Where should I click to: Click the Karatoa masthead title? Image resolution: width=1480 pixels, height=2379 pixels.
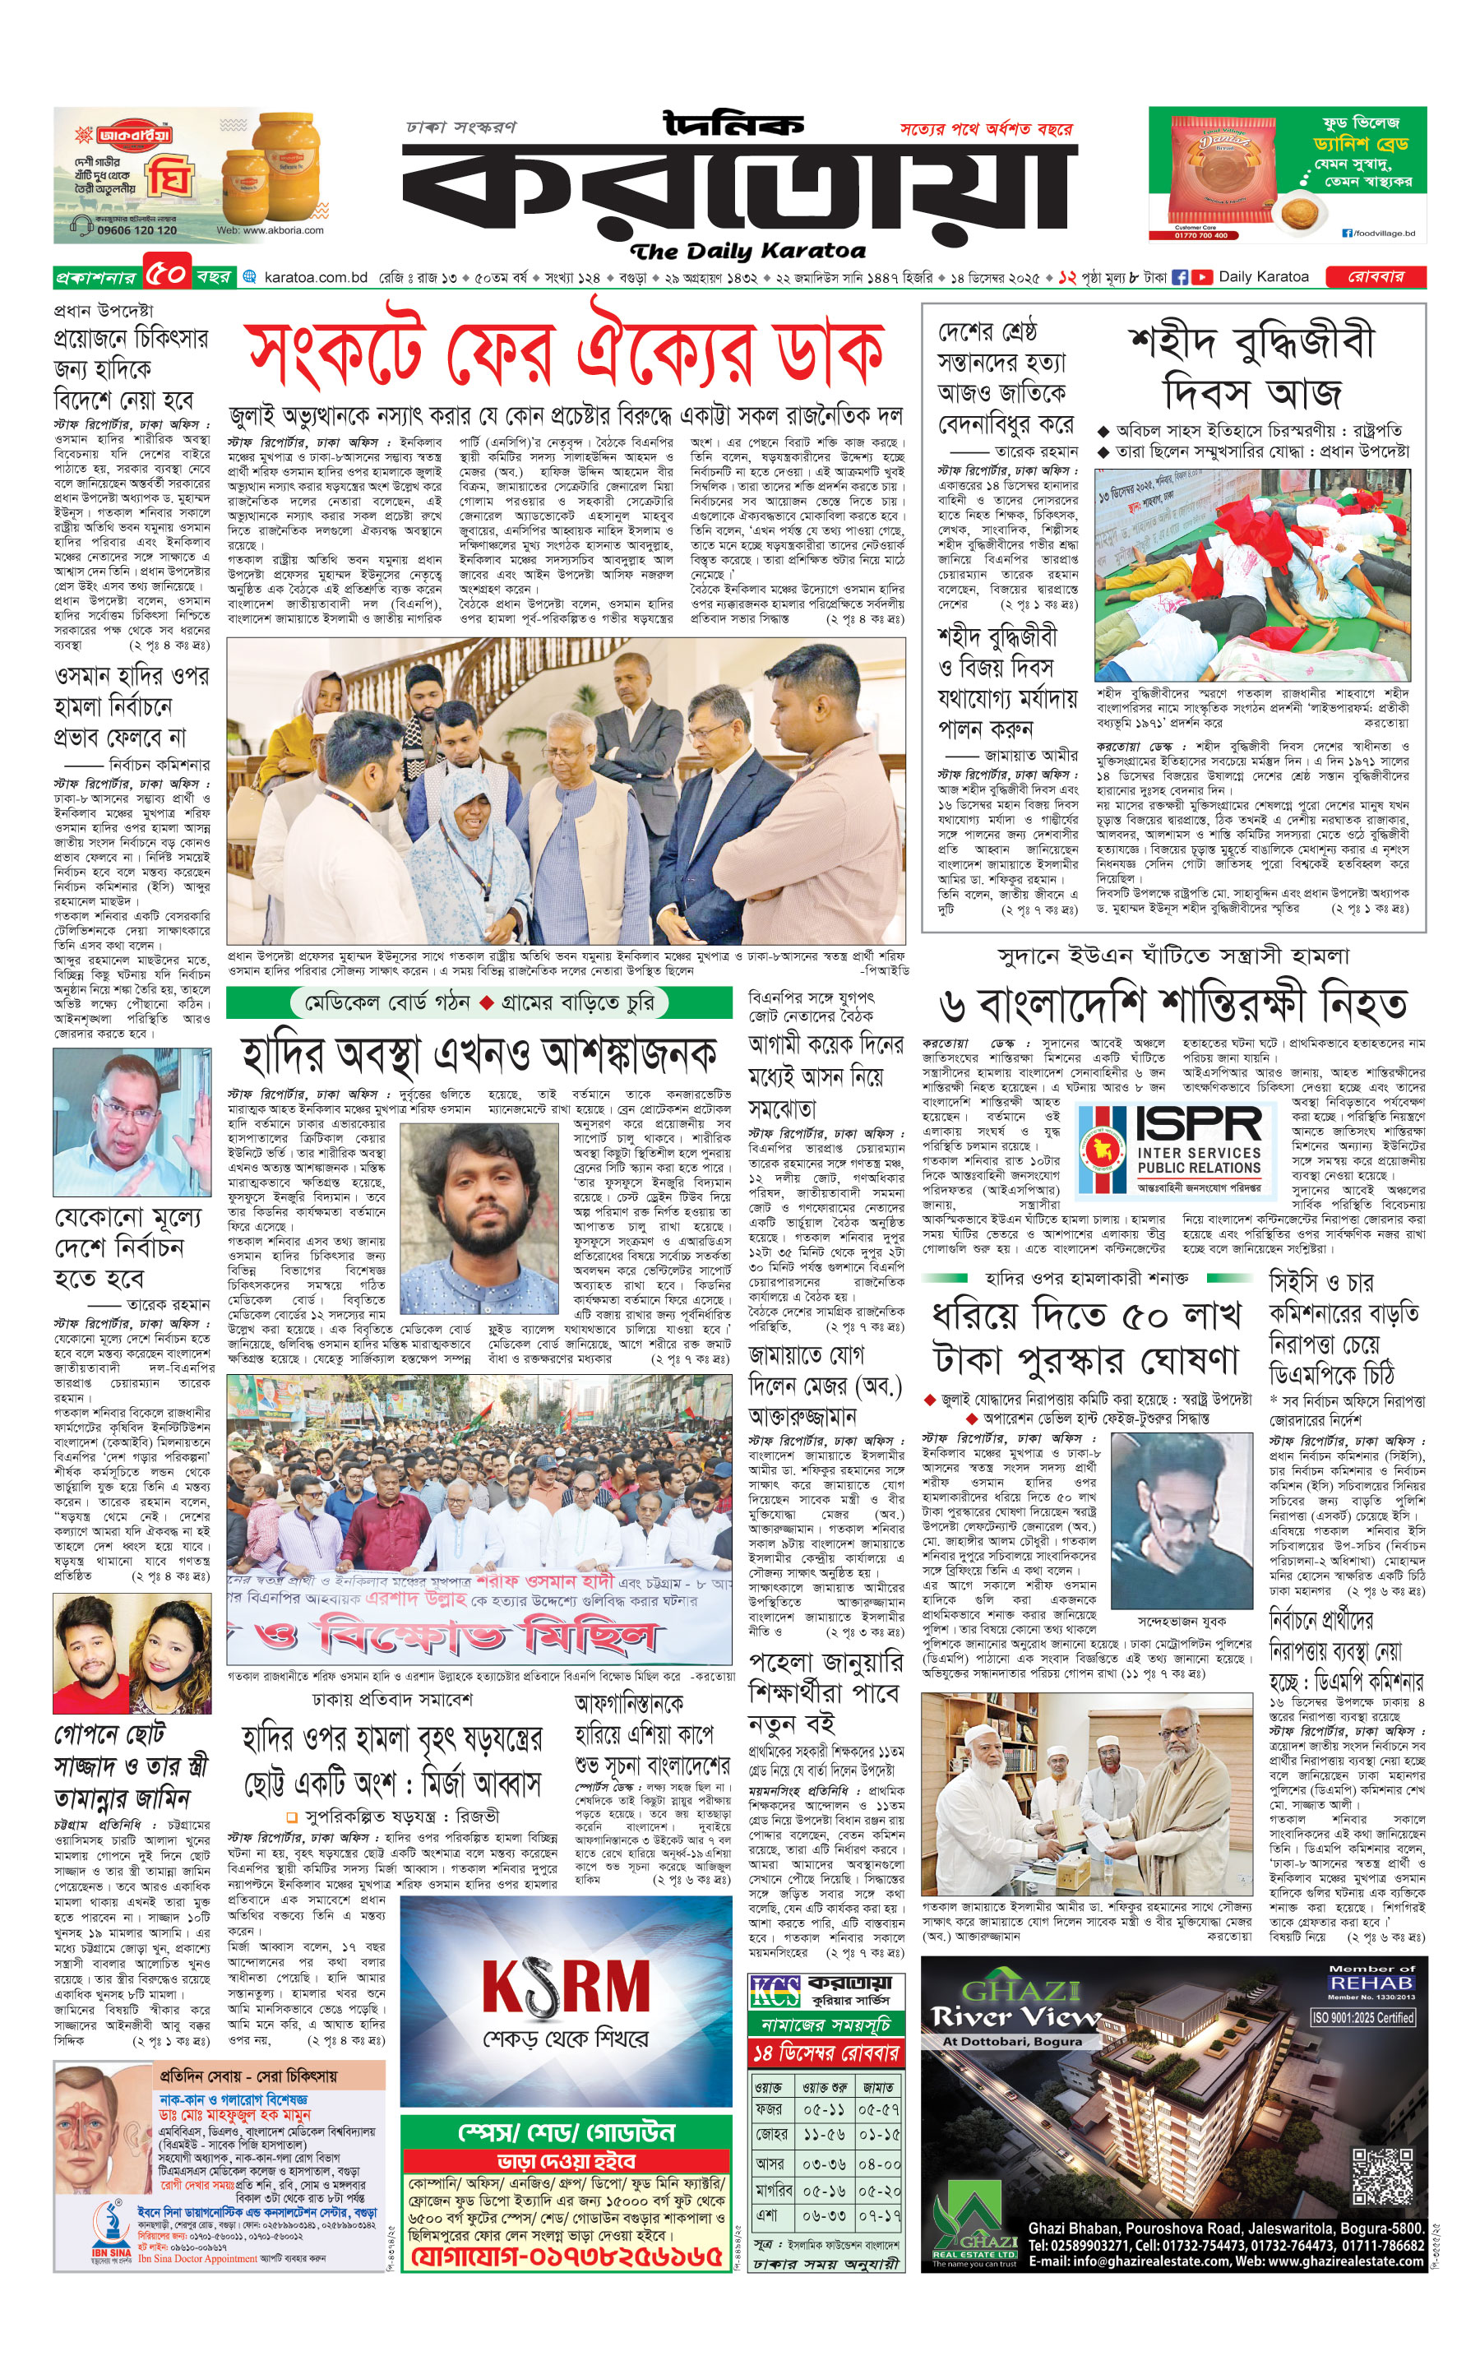tap(739, 191)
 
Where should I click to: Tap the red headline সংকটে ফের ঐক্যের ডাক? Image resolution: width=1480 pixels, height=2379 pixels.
tap(565, 353)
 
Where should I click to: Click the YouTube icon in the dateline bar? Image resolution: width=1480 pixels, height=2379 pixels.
tap(1201, 277)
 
